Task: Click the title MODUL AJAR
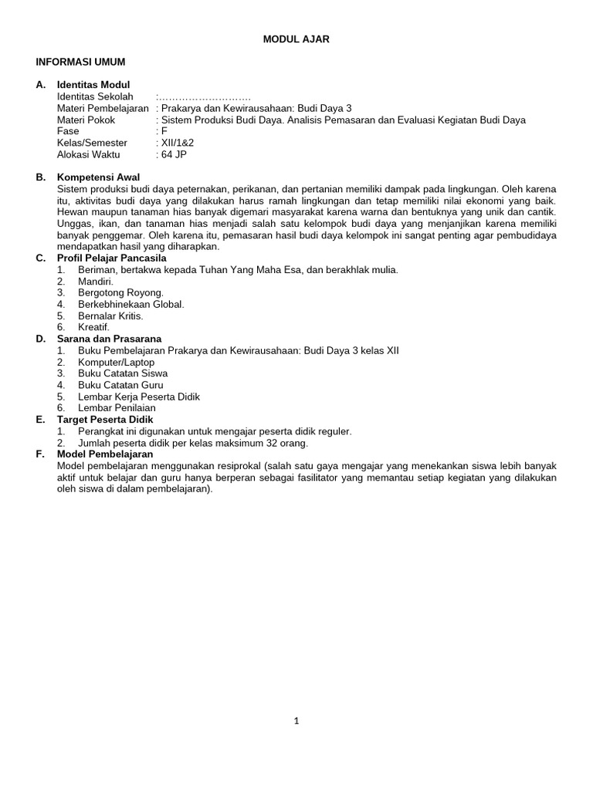(296, 39)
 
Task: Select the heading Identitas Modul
(93, 85)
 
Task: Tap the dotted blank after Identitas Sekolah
(204, 96)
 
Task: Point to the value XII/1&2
(176, 143)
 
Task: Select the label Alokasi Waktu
(88, 154)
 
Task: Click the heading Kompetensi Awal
(98, 177)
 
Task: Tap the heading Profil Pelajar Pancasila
(111, 258)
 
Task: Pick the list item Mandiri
(96, 282)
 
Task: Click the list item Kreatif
(93, 327)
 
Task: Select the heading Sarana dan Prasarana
(110, 339)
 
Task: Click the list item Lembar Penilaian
(117, 408)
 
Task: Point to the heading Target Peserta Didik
(105, 420)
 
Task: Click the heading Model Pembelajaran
(105, 454)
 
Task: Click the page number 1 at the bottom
(296, 721)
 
